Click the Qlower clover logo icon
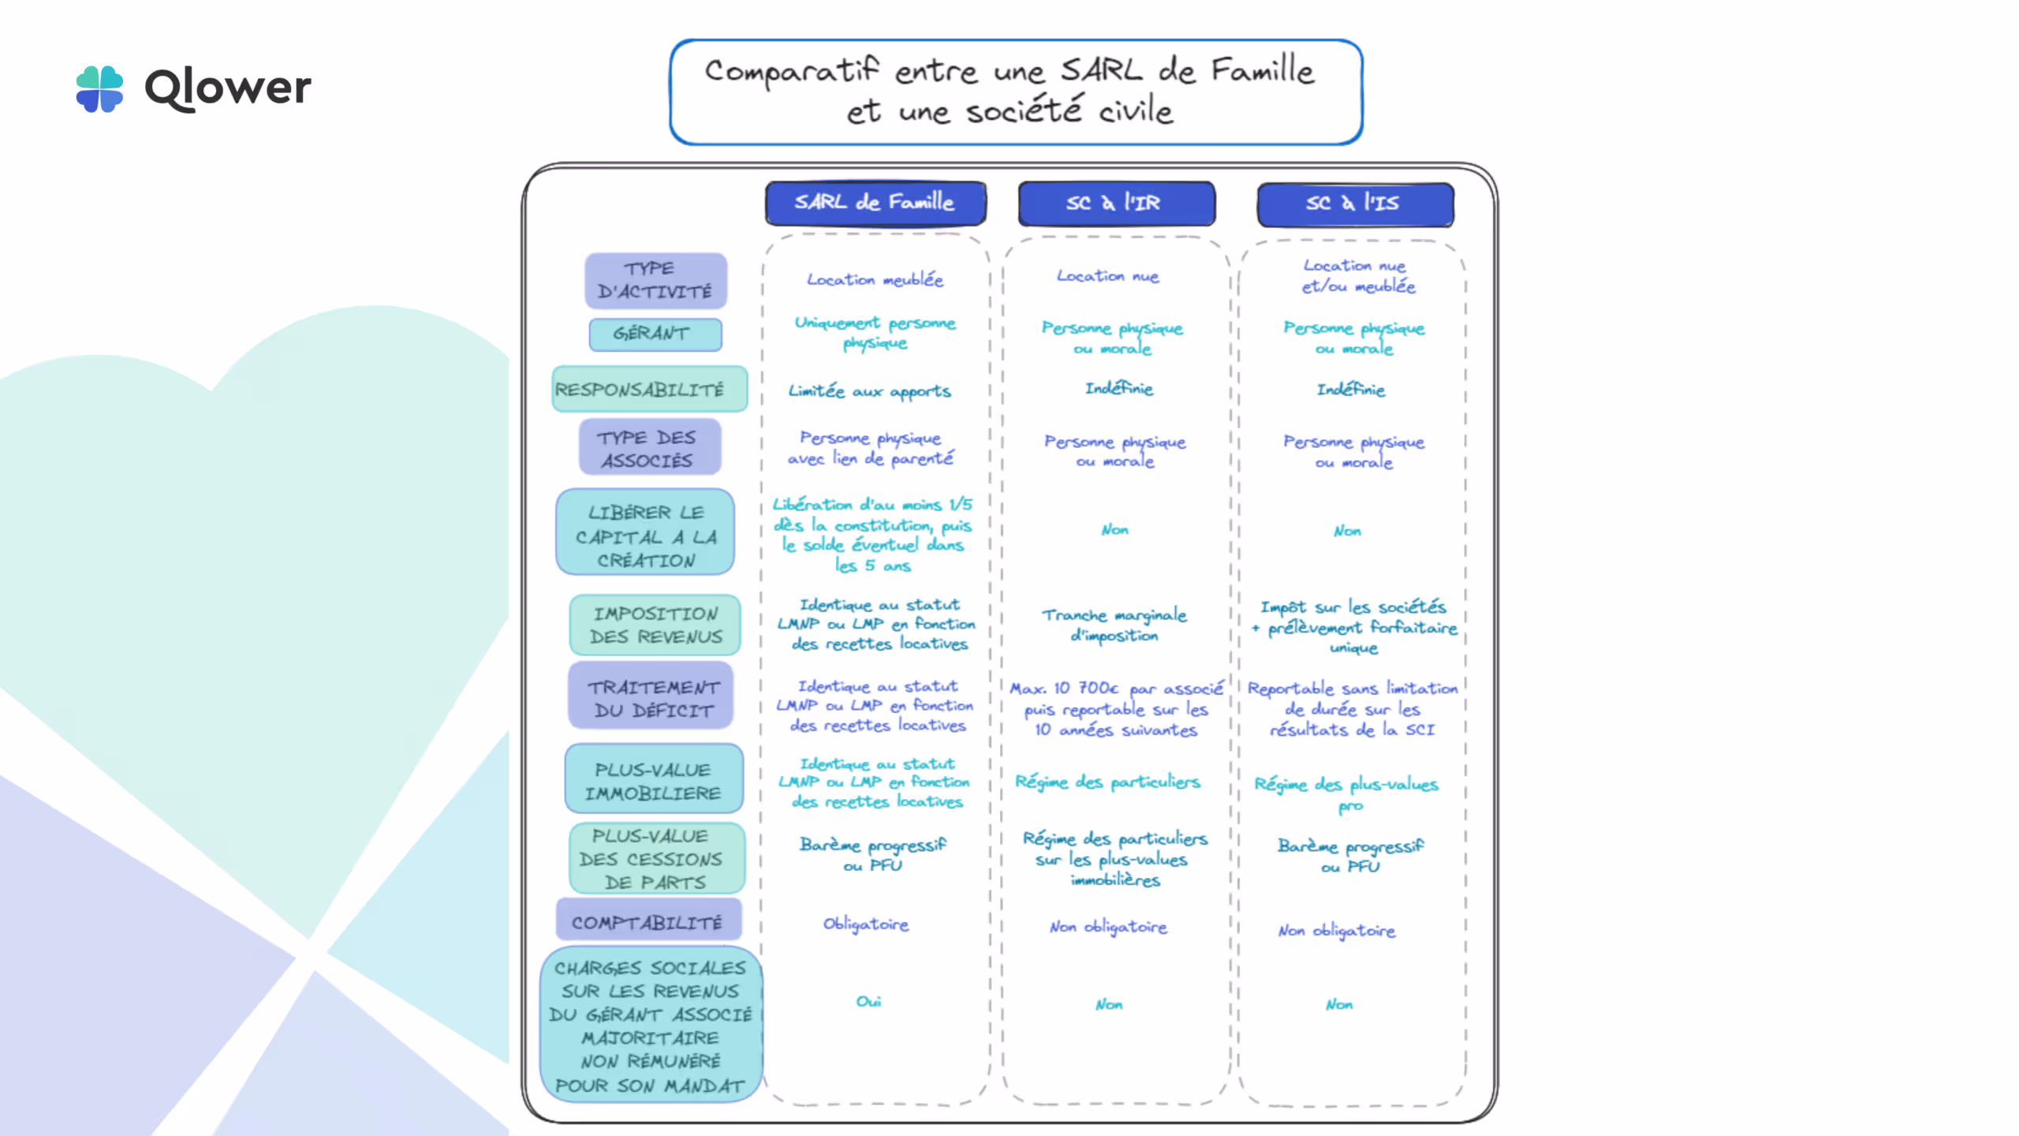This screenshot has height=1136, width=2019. click(x=99, y=88)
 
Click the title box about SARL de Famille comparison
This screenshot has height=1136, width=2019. click(x=1016, y=92)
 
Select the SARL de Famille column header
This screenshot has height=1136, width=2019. click(x=875, y=203)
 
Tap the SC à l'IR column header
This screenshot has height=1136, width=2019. click(x=1115, y=204)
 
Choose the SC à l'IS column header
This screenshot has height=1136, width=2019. click(x=1354, y=204)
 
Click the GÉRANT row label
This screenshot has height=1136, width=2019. click(x=655, y=334)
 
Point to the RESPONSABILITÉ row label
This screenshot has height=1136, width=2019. click(x=648, y=389)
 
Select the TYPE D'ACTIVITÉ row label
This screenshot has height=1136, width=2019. click(x=655, y=280)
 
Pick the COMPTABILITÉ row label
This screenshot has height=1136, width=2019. click(x=647, y=922)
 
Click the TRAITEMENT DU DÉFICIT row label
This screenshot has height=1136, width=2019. click(x=651, y=699)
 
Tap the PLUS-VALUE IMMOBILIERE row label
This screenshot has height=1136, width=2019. click(x=653, y=781)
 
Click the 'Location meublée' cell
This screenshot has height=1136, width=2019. click(x=875, y=279)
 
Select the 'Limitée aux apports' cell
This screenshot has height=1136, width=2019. click(x=870, y=391)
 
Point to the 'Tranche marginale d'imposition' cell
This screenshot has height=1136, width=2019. click(x=1114, y=625)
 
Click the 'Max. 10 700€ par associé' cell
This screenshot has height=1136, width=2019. click(x=1116, y=708)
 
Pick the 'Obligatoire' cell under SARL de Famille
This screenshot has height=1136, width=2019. click(x=866, y=924)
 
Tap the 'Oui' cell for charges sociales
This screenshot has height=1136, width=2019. click(x=868, y=1001)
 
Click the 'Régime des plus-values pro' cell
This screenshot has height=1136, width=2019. click(x=1347, y=794)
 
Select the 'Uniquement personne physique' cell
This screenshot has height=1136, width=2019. click(x=875, y=332)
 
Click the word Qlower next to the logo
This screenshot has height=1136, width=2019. click(x=228, y=88)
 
